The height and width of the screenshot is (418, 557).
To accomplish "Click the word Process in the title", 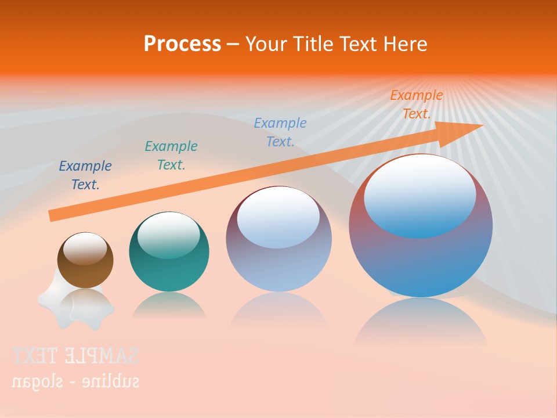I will (182, 44).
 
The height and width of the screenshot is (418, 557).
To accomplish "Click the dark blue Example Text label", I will (85, 175).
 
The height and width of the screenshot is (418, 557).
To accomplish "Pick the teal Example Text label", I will (171, 156).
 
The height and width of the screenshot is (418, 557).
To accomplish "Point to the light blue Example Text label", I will (280, 132).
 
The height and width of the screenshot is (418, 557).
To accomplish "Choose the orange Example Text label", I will (417, 105).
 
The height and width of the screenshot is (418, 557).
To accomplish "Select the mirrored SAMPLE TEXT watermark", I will (75, 355).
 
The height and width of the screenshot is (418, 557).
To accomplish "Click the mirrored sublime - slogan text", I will (75, 381).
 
